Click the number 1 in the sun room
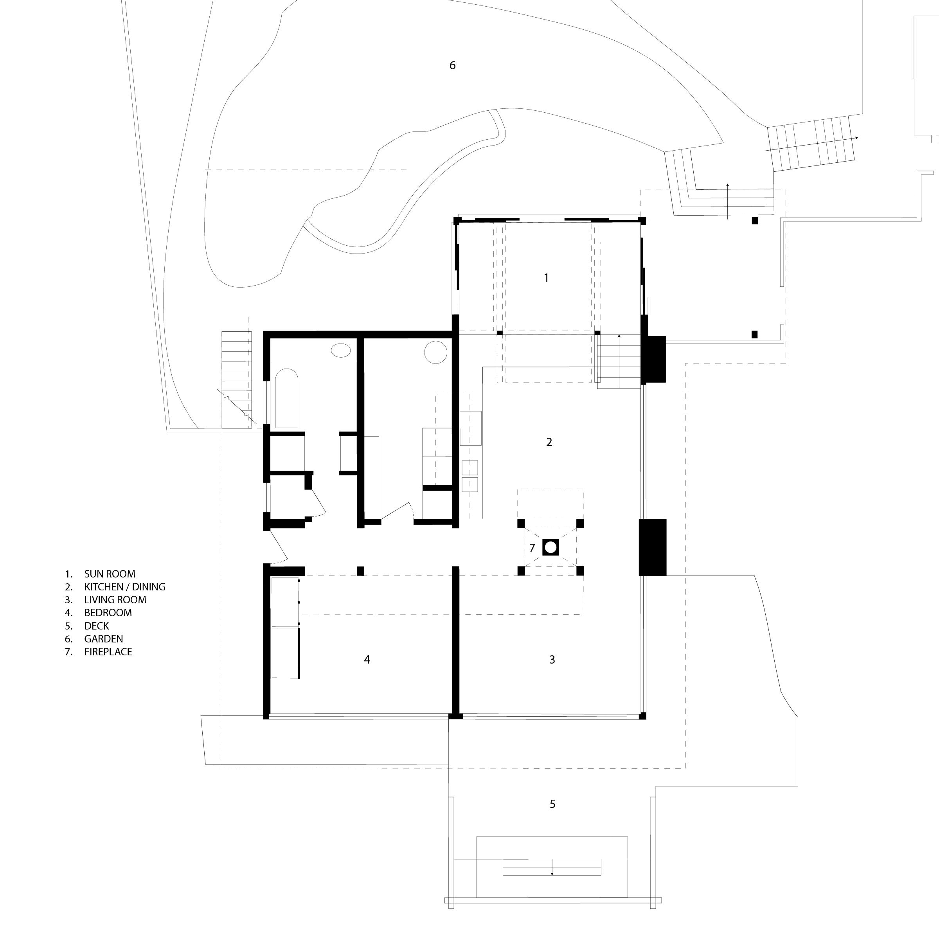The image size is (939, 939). pos(546,277)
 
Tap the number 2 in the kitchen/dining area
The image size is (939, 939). pos(549,442)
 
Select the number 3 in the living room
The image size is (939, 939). pos(552,660)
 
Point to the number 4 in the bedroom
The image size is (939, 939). pos(367,660)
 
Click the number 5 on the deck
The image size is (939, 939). pos(552,804)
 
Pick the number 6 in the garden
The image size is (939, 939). pos(453,65)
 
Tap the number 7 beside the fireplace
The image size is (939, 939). pos(532,548)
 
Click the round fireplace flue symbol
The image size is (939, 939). pos(550,547)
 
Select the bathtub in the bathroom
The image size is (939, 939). pos(287,399)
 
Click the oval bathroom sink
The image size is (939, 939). pos(341,350)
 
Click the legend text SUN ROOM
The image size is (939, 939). pos(110,574)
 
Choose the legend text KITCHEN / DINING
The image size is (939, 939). pos(125,586)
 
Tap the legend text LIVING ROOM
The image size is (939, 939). pos(115,600)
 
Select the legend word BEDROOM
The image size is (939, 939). pos(108,613)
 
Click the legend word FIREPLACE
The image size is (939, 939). pos(108,652)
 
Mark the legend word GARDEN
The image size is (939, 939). pos(104,639)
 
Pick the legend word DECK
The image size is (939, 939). pos(97,626)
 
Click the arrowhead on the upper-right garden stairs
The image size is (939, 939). pos(856,138)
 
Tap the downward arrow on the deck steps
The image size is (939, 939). pos(552,874)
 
